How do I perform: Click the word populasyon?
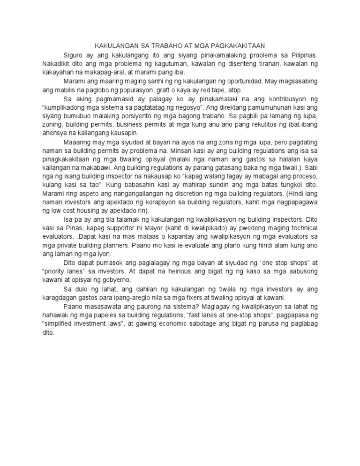(136, 90)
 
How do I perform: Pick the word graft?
(165, 90)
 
